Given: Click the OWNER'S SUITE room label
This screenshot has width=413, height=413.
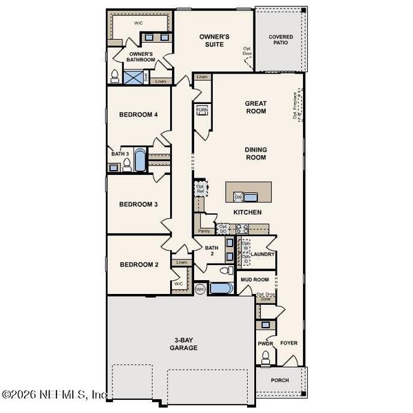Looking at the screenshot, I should click(x=214, y=40).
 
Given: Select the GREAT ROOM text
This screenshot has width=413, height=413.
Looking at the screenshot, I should click(x=255, y=107).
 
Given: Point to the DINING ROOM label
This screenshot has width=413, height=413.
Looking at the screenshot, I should click(x=255, y=153).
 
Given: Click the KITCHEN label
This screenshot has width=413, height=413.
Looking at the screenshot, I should click(x=247, y=212).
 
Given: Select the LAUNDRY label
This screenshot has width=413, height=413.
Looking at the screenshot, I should click(x=263, y=254).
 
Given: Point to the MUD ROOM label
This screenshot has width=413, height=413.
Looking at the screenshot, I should click(x=254, y=279).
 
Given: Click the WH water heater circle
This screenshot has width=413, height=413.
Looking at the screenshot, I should click(x=200, y=290).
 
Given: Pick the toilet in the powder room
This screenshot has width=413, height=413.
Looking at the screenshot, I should click(x=265, y=357).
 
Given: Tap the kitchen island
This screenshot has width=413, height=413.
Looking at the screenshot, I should click(x=248, y=191).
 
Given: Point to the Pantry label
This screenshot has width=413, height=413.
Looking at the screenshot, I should click(x=204, y=231).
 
